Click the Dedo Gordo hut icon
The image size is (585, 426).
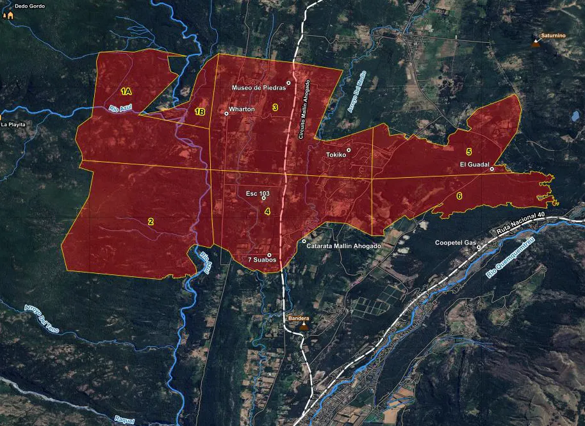point(10,15)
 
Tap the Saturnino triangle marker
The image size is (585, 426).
point(536,43)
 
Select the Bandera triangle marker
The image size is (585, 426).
point(304,326)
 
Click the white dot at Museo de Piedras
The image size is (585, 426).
point(288,83)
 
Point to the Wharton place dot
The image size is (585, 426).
point(227,114)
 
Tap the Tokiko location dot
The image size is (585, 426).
point(349,150)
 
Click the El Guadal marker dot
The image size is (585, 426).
point(492,169)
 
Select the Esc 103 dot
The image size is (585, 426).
point(264,198)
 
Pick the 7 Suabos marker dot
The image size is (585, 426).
point(269,255)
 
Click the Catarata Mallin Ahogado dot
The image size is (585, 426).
point(304,241)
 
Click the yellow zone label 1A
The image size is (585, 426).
point(126,91)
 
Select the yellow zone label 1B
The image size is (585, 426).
point(199,112)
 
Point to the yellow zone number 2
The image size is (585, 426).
point(151,222)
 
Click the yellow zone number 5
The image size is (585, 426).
point(469,152)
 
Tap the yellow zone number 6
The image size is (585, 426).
point(459,196)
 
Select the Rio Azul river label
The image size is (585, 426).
point(120,109)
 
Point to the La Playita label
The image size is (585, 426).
point(14,124)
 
